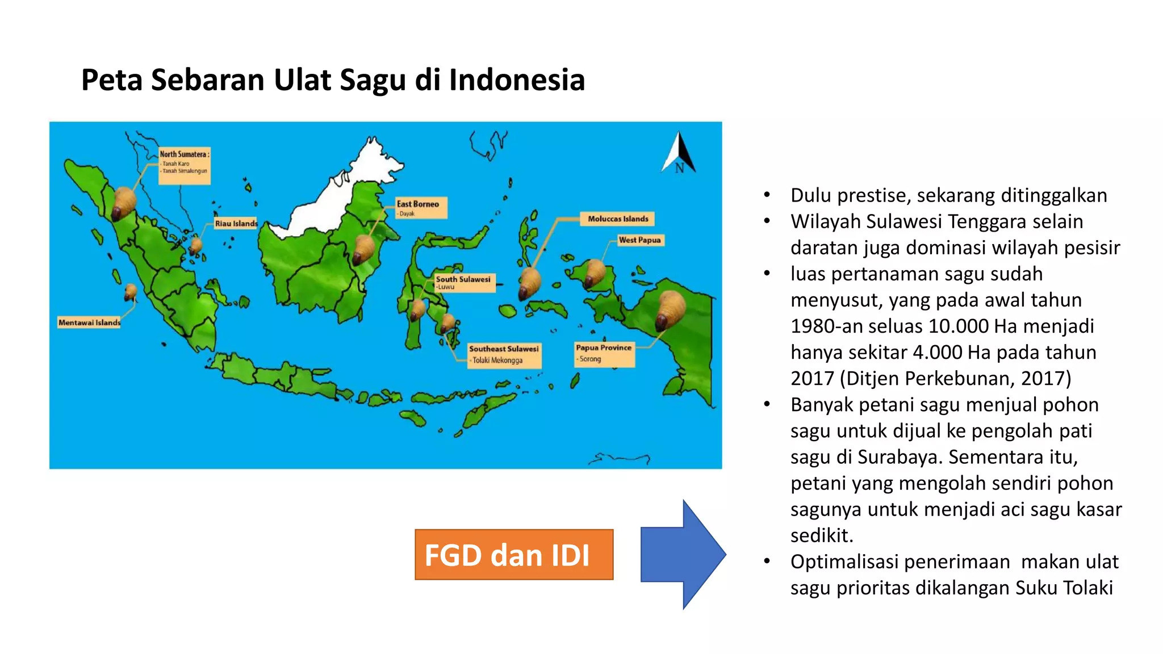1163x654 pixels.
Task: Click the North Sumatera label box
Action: tap(184, 165)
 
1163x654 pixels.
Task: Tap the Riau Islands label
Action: tap(236, 224)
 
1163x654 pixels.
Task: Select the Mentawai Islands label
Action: tap(89, 322)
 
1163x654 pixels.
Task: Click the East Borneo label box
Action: tap(421, 208)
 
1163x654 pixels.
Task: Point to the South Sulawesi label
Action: tap(464, 282)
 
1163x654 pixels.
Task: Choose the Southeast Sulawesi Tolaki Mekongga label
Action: tap(504, 355)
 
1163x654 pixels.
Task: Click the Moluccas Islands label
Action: tap(617, 219)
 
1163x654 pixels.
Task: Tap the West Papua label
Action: tap(640, 240)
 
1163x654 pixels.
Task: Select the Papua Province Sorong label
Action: tap(604, 354)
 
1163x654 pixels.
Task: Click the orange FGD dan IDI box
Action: tap(514, 555)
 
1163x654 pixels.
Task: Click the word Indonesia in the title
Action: tap(517, 79)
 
